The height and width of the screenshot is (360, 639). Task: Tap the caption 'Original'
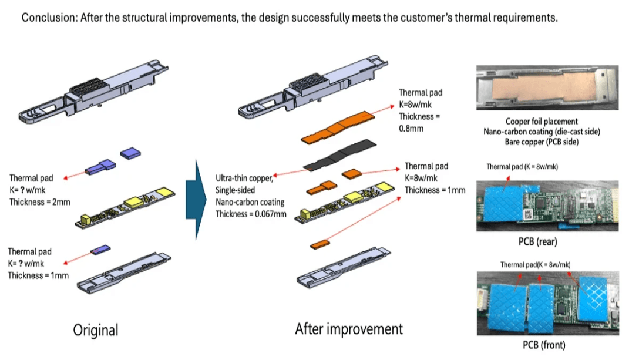95,329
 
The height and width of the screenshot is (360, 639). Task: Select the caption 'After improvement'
349,328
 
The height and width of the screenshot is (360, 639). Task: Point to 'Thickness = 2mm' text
39,202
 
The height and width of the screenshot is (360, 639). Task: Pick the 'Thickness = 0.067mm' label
251,214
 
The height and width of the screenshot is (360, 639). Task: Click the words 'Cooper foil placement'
541,122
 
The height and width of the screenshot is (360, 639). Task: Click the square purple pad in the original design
130,153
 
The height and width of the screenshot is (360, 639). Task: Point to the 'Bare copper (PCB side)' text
541,142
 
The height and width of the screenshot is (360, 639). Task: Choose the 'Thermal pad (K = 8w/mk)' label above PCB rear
522,167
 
